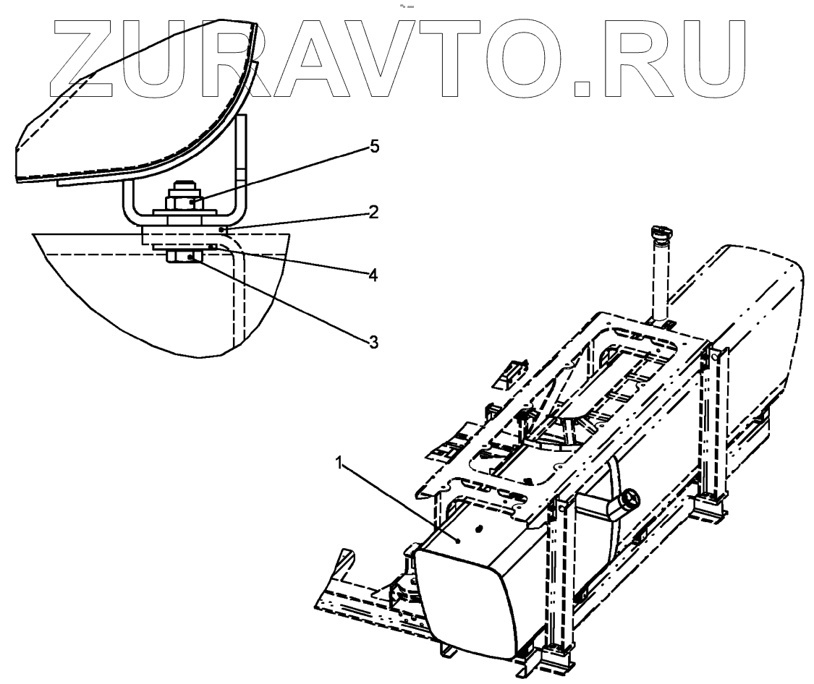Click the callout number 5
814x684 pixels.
[374, 147]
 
